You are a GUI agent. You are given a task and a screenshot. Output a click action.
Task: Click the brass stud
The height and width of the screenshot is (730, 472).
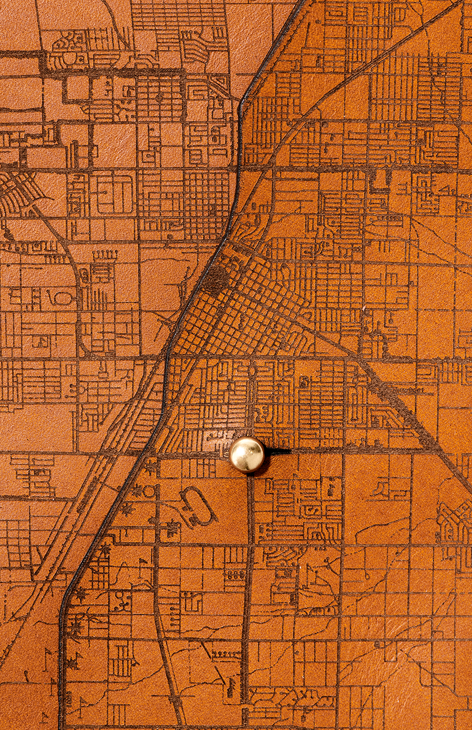point(248,455)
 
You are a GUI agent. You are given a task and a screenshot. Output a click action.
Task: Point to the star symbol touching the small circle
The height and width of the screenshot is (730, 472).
point(137,490)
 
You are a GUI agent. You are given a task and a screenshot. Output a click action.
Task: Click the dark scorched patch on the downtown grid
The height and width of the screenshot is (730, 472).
point(217,280)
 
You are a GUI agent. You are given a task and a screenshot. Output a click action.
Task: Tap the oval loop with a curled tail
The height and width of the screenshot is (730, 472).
point(62,297)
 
